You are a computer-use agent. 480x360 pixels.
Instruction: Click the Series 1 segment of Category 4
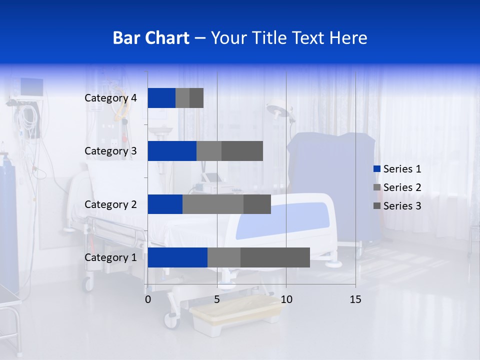pyautogui.click(x=161, y=98)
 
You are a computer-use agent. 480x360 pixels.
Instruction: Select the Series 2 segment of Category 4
pyautogui.click(x=182, y=98)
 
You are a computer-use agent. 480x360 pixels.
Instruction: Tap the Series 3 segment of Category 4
pyautogui.click(x=196, y=98)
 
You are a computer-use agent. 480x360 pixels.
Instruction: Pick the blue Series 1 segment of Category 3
pyautogui.click(x=172, y=151)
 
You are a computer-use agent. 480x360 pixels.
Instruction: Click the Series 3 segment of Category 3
pyautogui.click(x=242, y=151)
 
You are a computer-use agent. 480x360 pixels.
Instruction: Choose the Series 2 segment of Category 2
pyautogui.click(x=213, y=204)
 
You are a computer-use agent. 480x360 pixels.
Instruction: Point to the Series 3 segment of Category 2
pyautogui.click(x=257, y=204)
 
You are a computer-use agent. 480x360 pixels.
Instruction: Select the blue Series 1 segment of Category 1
pyautogui.click(x=177, y=257)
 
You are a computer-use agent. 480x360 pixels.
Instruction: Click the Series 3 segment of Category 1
pyautogui.click(x=275, y=257)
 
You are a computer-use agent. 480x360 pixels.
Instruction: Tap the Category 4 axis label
pyautogui.click(x=110, y=98)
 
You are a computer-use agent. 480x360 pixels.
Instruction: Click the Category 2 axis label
pyautogui.click(x=110, y=204)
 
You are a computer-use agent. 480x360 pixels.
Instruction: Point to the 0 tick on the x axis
pyautogui.click(x=148, y=299)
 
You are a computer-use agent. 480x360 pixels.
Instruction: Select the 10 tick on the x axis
pyautogui.click(x=286, y=299)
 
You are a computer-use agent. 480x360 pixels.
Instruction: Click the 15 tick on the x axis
pyautogui.click(x=355, y=299)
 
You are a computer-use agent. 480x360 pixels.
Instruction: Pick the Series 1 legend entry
pyautogui.click(x=397, y=169)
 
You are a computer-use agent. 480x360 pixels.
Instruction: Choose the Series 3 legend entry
pyautogui.click(x=397, y=206)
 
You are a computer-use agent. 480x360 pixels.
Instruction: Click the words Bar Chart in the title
pyautogui.click(x=150, y=38)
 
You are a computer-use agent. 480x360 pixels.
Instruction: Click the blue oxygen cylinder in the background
pyautogui.click(x=9, y=225)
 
